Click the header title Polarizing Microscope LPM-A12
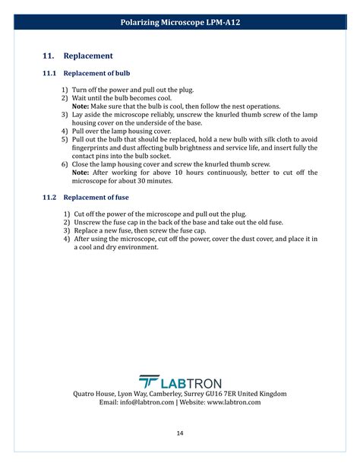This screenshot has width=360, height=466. click(180, 23)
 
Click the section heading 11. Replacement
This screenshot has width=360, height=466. click(77, 55)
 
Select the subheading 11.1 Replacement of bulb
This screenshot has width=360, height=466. click(86, 74)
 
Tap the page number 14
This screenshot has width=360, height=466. click(180, 433)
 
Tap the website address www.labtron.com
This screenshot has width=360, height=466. click(233, 403)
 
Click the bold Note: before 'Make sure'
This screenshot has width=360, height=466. click(81, 106)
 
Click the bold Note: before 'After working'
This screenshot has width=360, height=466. click(81, 173)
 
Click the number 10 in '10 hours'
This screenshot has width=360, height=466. click(178, 173)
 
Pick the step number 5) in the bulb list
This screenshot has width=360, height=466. click(65, 139)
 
